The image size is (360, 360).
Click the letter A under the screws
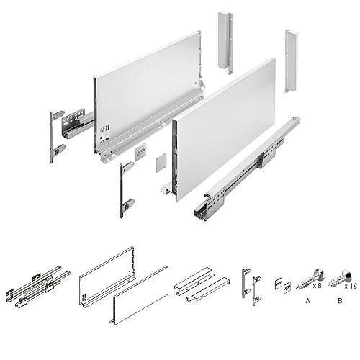[307, 300]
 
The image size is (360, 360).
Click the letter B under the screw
[340, 300]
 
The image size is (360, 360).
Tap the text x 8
[317, 285]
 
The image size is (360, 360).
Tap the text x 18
[351, 286]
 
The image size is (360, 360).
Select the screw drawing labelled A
[310, 279]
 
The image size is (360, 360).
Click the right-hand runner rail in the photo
[247, 169]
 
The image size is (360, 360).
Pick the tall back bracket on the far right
[291, 61]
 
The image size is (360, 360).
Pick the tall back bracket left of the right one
[225, 42]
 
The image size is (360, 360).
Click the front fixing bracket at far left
[56, 137]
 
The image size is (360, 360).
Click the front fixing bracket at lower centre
[126, 189]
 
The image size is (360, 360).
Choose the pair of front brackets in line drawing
[251, 287]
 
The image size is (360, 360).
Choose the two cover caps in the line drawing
[283, 284]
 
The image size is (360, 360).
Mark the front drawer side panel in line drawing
[140, 296]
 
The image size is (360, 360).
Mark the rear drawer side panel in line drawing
[107, 278]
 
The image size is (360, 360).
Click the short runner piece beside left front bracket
[77, 124]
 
